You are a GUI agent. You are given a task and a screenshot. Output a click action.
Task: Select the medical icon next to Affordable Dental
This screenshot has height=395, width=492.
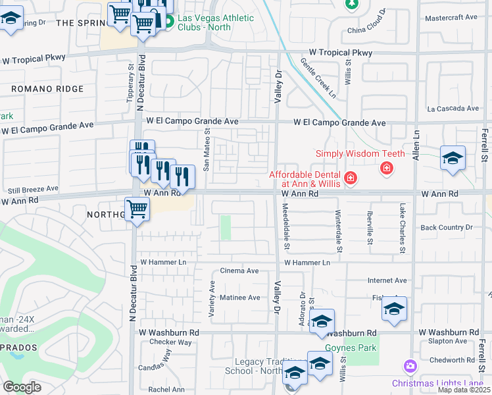(x=350, y=178)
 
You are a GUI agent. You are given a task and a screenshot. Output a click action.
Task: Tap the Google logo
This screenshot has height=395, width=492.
(x=22, y=387)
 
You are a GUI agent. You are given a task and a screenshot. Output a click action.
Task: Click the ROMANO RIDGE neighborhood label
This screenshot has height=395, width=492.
(x=47, y=89)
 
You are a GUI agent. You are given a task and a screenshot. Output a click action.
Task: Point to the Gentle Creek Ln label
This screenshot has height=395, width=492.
(x=318, y=77)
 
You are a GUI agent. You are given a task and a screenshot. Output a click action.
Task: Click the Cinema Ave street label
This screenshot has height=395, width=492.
(x=239, y=271)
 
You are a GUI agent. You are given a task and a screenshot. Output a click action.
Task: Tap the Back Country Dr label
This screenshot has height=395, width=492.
(x=446, y=228)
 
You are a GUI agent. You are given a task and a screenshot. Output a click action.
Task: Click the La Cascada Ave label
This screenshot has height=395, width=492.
(x=453, y=109)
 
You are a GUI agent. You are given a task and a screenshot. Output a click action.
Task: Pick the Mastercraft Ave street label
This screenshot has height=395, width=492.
(x=451, y=18)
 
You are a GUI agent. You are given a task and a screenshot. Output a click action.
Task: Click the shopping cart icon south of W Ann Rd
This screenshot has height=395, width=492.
(x=137, y=210)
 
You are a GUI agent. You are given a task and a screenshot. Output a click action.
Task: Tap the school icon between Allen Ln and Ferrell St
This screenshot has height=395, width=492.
(x=453, y=158)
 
